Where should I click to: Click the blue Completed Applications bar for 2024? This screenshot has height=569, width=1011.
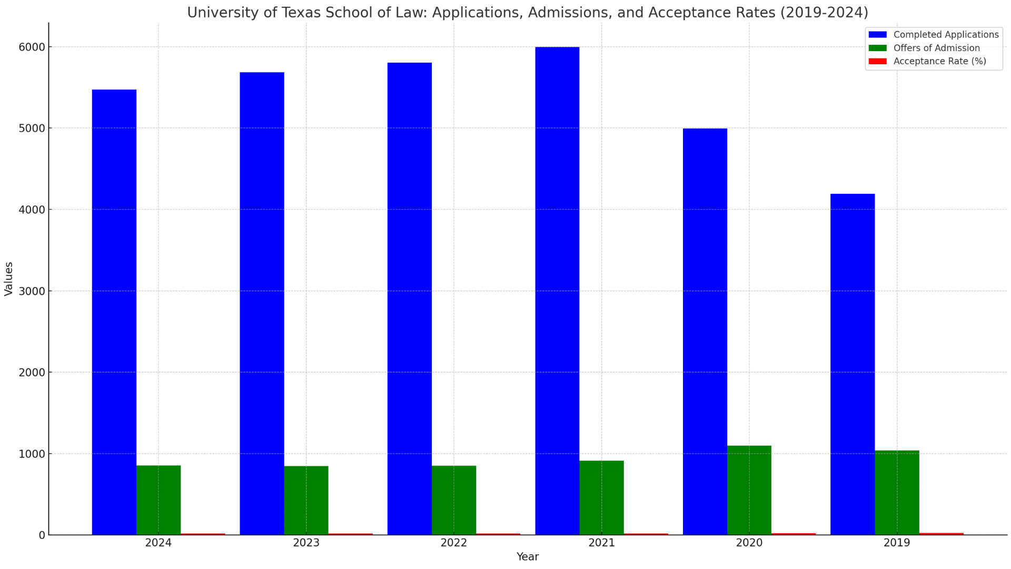(x=114, y=312)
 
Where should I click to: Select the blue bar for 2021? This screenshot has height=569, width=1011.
(x=557, y=291)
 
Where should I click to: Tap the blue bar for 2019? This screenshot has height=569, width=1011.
(x=853, y=364)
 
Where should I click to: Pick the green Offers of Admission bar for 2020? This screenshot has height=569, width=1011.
(x=749, y=490)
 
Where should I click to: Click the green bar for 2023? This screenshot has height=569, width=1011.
(x=306, y=500)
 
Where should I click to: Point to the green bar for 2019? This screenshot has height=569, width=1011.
(x=897, y=493)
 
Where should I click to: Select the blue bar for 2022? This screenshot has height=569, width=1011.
(x=409, y=299)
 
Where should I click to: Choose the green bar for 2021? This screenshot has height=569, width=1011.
(x=601, y=497)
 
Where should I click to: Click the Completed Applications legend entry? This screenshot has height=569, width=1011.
(x=946, y=35)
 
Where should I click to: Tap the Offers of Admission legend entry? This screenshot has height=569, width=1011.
(x=936, y=48)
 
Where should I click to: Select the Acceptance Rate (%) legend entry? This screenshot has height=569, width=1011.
(x=939, y=61)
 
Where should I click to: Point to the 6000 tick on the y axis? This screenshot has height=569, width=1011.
(x=32, y=47)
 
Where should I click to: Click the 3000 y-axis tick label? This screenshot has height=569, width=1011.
(x=32, y=291)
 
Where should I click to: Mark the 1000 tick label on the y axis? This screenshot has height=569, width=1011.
(x=32, y=454)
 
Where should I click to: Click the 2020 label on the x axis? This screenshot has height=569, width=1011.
(x=749, y=543)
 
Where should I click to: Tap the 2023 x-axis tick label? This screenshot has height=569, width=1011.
(x=306, y=543)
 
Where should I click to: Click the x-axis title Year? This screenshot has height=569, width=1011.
(x=527, y=557)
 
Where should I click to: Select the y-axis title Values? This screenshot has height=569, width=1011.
(x=8, y=279)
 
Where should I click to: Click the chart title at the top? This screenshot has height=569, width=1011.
(x=527, y=12)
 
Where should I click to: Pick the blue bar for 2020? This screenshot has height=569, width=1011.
(x=705, y=331)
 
